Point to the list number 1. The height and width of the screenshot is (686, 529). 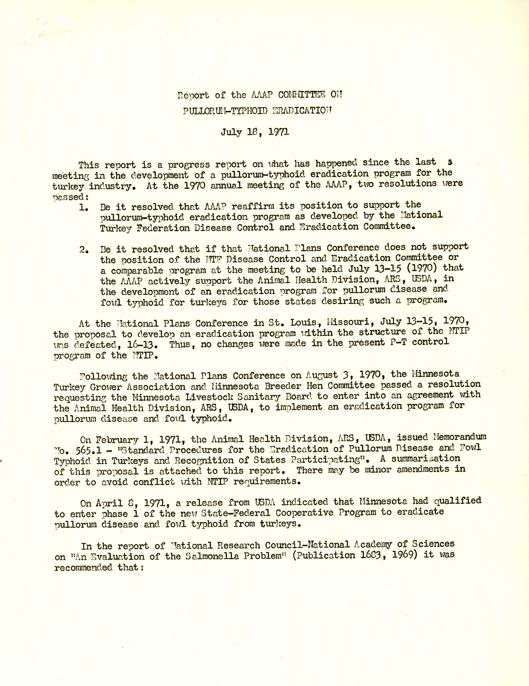click(83, 208)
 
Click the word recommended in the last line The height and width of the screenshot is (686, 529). click(83, 567)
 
